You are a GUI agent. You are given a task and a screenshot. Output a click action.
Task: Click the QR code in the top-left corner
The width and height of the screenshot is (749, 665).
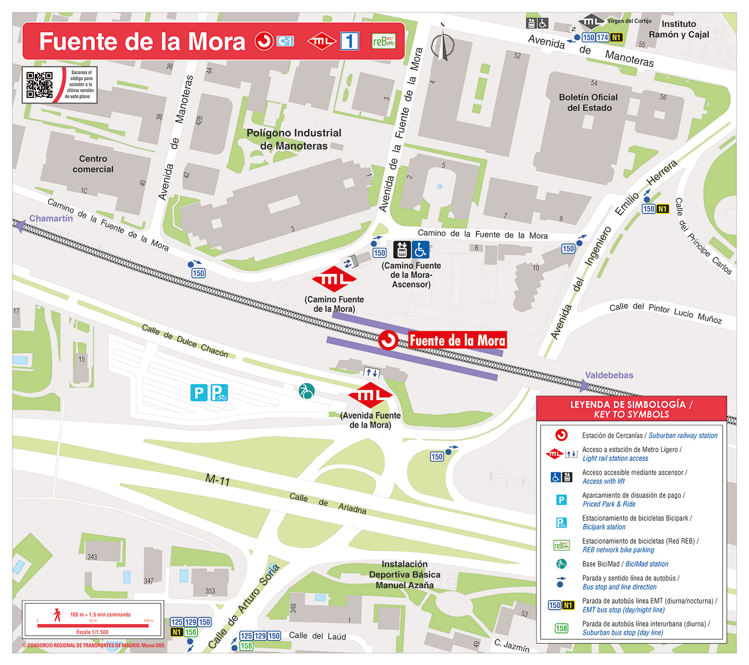[x=39, y=85]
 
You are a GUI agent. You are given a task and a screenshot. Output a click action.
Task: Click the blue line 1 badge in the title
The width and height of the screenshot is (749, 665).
[x=350, y=41]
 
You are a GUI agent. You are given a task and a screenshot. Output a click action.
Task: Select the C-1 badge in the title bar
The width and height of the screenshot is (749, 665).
[x=285, y=41]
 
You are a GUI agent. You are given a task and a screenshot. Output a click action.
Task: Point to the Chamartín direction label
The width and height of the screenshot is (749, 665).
[x=51, y=219]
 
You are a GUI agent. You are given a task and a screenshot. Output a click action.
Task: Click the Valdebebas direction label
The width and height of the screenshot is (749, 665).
[x=609, y=375]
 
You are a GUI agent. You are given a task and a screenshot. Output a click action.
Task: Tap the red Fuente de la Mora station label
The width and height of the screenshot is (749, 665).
[x=457, y=341]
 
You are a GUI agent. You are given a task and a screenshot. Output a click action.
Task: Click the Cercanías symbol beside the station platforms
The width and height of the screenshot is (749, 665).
[x=388, y=341]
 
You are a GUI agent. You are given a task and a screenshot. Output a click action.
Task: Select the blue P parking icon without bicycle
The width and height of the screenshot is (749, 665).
[x=199, y=393]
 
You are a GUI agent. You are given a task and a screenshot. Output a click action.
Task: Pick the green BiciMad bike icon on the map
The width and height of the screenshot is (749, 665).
[x=306, y=391]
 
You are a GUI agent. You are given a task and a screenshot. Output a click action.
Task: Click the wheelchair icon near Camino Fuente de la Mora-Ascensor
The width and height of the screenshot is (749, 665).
[x=420, y=249]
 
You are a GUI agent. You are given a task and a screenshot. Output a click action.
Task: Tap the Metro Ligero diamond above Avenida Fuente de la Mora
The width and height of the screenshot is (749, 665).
[x=370, y=395]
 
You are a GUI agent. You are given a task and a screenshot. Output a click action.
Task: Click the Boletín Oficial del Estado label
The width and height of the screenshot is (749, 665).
[x=588, y=102]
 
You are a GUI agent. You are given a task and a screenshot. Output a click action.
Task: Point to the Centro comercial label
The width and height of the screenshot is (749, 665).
[x=93, y=164]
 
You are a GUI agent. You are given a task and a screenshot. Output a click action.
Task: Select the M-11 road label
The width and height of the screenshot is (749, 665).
[x=218, y=480]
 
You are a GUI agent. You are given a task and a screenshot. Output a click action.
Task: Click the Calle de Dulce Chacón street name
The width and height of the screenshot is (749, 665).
[x=185, y=341]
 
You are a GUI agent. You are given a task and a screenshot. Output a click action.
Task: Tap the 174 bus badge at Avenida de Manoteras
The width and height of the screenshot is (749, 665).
[x=602, y=37]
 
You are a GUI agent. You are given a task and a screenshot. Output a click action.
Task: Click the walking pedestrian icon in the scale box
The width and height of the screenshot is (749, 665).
[x=57, y=615]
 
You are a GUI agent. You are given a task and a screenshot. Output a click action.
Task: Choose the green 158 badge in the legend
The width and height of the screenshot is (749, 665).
[x=561, y=628]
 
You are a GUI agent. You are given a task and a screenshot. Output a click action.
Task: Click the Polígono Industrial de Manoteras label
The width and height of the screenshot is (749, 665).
[x=294, y=139]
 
